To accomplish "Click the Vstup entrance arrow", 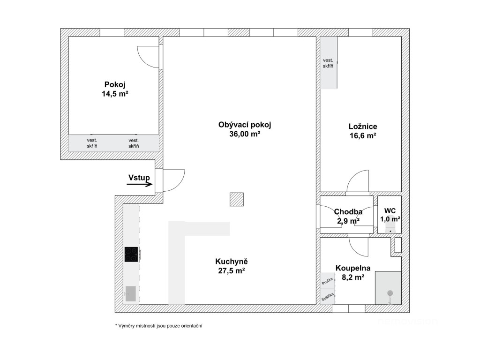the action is tap(140, 184).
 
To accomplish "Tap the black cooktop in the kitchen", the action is tap(132, 254).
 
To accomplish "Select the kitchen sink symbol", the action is tap(131, 293).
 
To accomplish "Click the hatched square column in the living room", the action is tap(237, 199).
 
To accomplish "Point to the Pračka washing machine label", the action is tap(327, 281).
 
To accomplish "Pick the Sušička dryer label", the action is tap(327, 297).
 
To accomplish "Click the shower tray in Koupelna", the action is tap(388, 288).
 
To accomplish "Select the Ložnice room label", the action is tap(363, 127).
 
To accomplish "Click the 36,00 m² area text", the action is tap(245, 134).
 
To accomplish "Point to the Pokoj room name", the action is tap(115, 84).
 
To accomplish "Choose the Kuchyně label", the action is tap(232, 262).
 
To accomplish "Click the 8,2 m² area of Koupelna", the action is tap(353, 277).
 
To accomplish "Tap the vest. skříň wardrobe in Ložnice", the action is tap(329, 63).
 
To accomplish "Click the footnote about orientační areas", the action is tap(158, 326).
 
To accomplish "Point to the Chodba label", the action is tap(348, 211).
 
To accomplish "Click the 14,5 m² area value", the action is tap(115, 94).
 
